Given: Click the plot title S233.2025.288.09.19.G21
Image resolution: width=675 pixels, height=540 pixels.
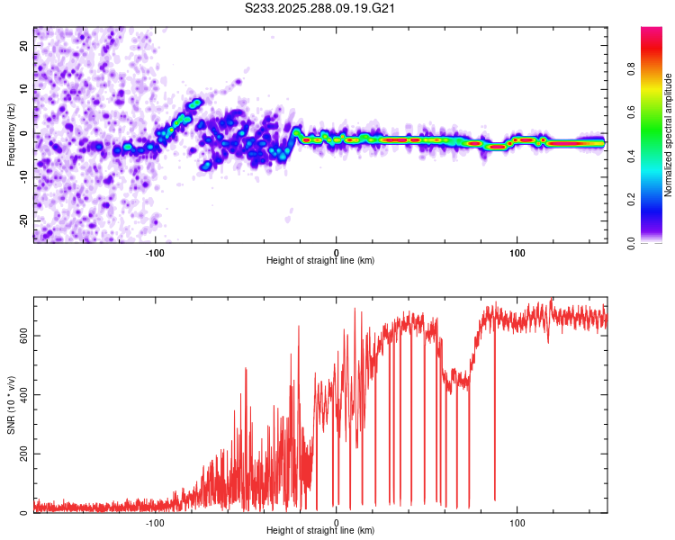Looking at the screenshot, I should [x=321, y=9].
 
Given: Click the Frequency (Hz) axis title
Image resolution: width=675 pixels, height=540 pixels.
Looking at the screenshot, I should [x=11, y=135].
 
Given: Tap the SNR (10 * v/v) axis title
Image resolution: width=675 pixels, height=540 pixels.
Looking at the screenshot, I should [x=11, y=405].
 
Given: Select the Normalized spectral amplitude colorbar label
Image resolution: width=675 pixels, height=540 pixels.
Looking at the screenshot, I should [x=669, y=135].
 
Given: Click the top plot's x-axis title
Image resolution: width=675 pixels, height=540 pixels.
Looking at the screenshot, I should [x=320, y=260].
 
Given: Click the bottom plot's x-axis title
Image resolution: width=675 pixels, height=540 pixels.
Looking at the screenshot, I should [x=320, y=530].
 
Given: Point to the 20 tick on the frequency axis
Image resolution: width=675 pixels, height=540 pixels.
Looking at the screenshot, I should [x=24, y=45].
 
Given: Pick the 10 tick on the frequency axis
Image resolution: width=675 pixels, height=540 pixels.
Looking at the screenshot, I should [x=24, y=89].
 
